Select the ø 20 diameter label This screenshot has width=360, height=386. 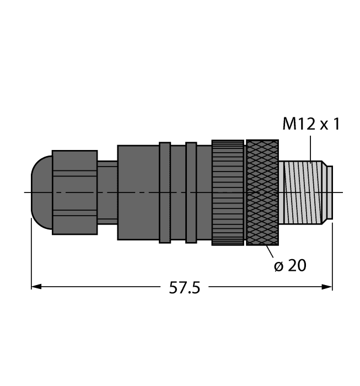pyautogui.click(x=290, y=266)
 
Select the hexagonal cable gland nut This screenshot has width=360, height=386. pyautogui.click(x=74, y=192)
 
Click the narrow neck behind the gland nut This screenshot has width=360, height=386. pyautogui.click(x=108, y=192)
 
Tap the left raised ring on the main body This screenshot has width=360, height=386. pyautogui.click(x=164, y=192)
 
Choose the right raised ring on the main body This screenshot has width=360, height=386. pyautogui.click(x=191, y=192)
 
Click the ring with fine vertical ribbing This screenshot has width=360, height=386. pyautogui.click(x=228, y=192)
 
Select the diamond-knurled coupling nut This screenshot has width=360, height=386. pyautogui.click(x=262, y=192)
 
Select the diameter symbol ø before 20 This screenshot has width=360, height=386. pyautogui.click(x=278, y=266)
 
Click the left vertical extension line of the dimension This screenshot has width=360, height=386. pyautogui.click(x=31, y=254)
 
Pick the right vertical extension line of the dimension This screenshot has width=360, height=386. pyautogui.click(x=332, y=254)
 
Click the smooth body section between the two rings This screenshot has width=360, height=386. pyautogui.click(x=178, y=192)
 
